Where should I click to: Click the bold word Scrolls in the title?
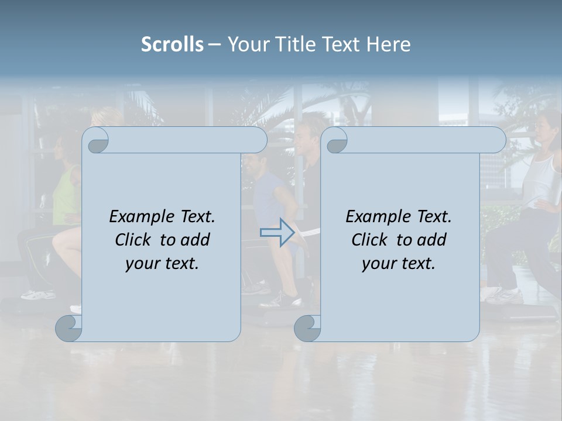tap(172, 44)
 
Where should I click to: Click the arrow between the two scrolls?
tap(277, 233)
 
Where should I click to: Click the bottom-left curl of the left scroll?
tap(69, 328)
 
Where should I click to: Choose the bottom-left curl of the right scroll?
tap(307, 328)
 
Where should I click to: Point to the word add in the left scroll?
tap(195, 240)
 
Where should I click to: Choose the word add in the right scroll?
tap(431, 240)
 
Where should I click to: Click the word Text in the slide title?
tap(341, 44)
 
